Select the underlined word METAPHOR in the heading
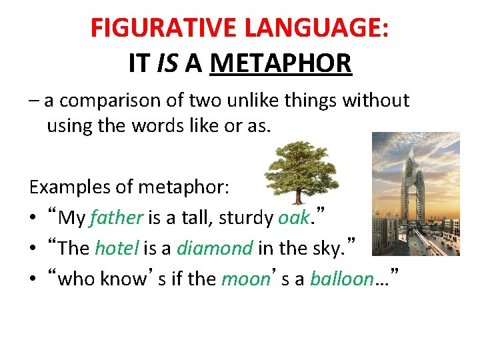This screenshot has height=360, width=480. click(x=281, y=63)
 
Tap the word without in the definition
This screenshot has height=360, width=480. click(x=376, y=101)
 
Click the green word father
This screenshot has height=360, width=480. click(x=117, y=217)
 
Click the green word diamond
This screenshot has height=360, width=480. click(x=215, y=248)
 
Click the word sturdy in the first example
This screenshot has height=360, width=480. click(x=243, y=217)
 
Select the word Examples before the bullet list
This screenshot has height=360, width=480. click(x=72, y=187)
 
